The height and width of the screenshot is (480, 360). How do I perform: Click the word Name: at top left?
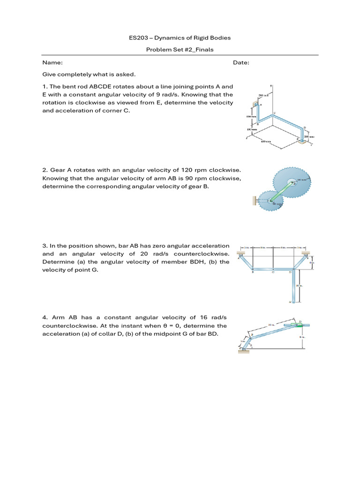[52, 63]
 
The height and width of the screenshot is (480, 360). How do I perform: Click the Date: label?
[241, 63]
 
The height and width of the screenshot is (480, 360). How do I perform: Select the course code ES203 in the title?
[138, 37]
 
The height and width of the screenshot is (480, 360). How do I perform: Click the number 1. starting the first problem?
[45, 86]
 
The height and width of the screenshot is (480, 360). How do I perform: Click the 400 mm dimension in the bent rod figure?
[266, 141]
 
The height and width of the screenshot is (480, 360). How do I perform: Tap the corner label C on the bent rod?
[274, 113]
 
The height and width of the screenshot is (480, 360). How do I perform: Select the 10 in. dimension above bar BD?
[271, 324]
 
